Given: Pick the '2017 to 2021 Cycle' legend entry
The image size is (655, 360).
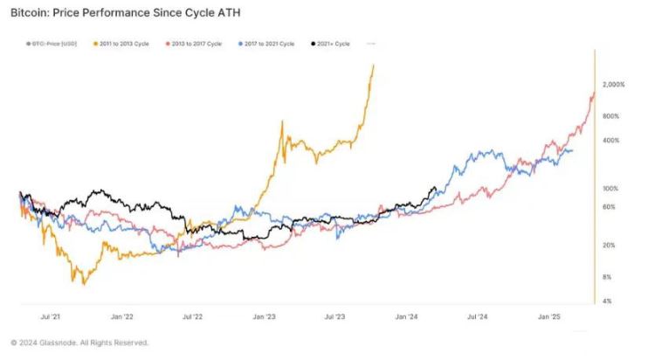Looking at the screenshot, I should tap(266, 43).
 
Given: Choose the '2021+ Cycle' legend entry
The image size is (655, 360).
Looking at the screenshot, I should tap(333, 43).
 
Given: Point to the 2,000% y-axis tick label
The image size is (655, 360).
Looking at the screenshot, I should tap(614, 84).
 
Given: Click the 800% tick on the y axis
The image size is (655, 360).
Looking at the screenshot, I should tap(610, 116).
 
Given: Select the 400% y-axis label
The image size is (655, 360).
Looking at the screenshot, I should tap(610, 141).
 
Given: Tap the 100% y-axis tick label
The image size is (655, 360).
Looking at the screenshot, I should tap(610, 189).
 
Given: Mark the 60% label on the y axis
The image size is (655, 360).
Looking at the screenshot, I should tap(609, 207).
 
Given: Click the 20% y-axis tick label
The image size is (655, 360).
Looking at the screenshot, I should tap(609, 245).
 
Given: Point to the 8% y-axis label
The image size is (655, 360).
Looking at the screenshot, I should tap(607, 277).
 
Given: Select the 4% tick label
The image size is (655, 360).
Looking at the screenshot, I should tap(607, 301).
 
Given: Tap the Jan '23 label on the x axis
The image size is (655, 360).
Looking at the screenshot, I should tap(265, 318).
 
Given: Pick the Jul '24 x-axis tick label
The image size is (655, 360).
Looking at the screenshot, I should tap(476, 318).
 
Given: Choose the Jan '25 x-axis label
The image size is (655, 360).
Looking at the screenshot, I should tap(548, 318).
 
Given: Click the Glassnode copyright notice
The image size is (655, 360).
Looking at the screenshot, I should tap(79, 342).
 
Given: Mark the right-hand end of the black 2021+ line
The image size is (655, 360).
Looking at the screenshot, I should tap(436, 187).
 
